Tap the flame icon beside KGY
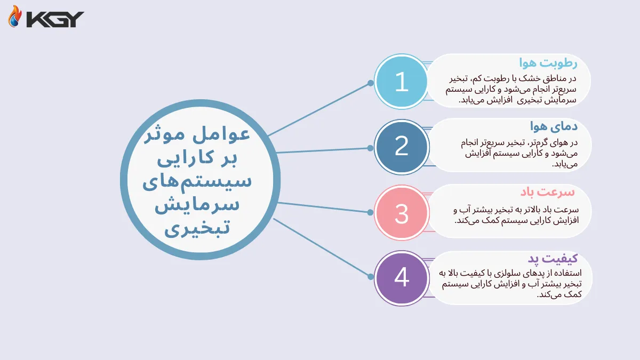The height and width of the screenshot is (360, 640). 15,17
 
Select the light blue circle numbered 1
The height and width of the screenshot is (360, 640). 401,82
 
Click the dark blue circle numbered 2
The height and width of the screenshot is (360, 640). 401,147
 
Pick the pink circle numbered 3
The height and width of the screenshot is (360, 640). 401,212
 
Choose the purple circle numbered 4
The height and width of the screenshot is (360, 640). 401,278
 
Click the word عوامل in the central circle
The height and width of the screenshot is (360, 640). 228,136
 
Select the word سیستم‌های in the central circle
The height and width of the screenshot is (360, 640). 198,181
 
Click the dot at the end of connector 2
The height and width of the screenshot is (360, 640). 371,148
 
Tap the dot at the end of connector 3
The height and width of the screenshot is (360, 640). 371,212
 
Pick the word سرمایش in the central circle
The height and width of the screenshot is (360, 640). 197,205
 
